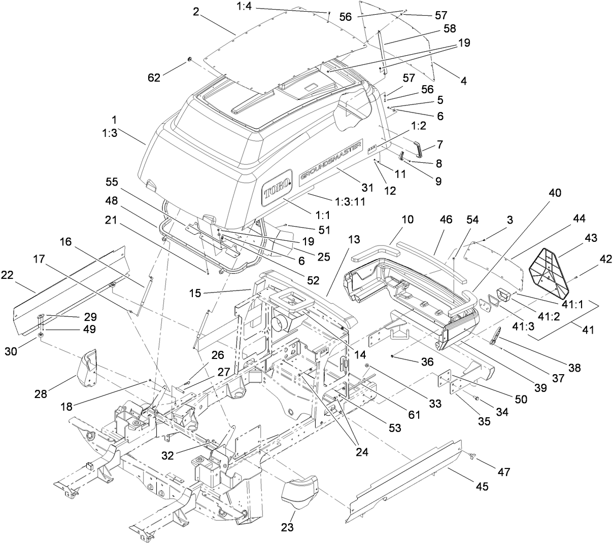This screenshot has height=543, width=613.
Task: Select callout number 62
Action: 154,78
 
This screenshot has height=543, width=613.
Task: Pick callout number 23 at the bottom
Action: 287,527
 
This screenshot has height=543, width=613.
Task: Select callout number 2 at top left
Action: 196,13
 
